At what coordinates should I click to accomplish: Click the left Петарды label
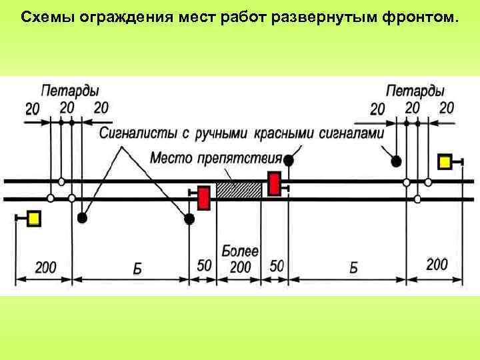[69, 90]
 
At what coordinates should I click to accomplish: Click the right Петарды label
[415, 90]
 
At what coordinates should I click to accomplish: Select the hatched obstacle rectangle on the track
[239, 190]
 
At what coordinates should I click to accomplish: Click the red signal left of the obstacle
[204, 198]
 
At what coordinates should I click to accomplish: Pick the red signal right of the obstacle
[274, 183]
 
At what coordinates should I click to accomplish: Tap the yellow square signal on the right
[445, 162]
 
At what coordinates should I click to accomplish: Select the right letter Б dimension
[353, 268]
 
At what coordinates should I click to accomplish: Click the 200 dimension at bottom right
[437, 265]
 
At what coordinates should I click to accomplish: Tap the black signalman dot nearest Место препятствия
[289, 160]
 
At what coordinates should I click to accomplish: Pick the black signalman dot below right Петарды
[396, 161]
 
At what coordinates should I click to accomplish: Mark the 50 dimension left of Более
[204, 265]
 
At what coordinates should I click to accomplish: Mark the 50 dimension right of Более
[275, 266]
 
